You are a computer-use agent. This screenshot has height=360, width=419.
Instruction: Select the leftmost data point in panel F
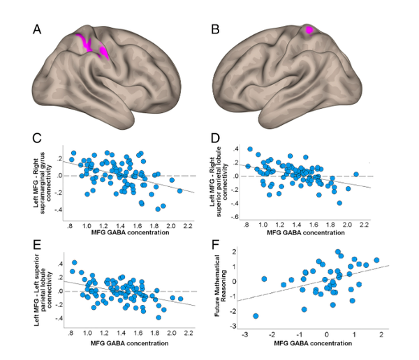click(x=256, y=316)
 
